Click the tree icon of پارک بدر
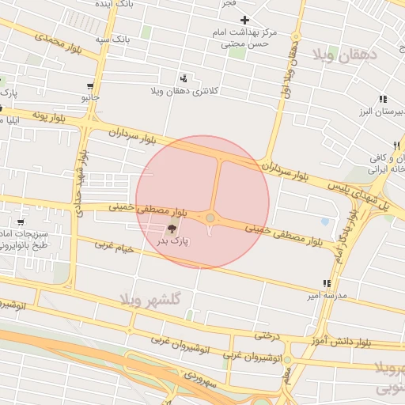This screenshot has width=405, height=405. tap(172, 229)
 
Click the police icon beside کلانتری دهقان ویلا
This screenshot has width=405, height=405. tap(184, 78)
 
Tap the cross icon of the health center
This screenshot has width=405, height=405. tap(245, 20)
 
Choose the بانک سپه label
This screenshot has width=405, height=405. tap(112, 38)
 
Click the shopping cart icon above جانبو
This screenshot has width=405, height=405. tap(92, 86)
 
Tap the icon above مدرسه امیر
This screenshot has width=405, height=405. tap(326, 283)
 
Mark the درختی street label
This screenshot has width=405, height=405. tap(267, 335)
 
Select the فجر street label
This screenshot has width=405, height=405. tap(229, 3)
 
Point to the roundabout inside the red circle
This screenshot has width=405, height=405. tap(210, 218)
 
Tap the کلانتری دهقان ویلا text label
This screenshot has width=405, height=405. tap(184, 91)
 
